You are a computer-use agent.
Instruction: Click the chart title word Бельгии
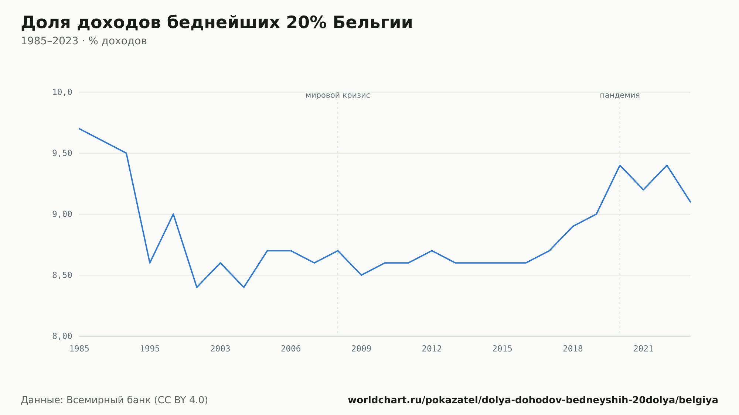pos(372,23)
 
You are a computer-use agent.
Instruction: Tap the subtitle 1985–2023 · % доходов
pos(84,41)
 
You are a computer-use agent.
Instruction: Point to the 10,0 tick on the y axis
pos(62,92)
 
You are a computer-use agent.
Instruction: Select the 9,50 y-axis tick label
pos(62,153)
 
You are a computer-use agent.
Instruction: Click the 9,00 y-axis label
pos(62,214)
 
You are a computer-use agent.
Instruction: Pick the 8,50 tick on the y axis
pos(62,275)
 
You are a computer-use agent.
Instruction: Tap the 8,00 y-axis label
pos(62,336)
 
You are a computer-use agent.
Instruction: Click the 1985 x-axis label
pos(79,349)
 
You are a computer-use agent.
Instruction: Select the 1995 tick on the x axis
pos(150,349)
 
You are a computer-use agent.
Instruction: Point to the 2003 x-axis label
pos(220,349)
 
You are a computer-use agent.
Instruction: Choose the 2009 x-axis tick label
pos(361,349)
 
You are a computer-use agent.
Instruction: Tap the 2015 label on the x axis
pos(503,349)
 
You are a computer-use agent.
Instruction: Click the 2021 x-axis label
pos(643,349)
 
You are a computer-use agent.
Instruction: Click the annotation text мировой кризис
pos(338,95)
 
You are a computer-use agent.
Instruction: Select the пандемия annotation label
pos(620,95)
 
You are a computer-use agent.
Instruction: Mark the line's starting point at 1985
pos(79,128)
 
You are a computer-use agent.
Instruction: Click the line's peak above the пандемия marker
pos(620,165)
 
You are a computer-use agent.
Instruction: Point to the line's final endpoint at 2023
pos(690,202)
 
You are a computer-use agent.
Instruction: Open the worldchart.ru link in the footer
pos(533,400)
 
